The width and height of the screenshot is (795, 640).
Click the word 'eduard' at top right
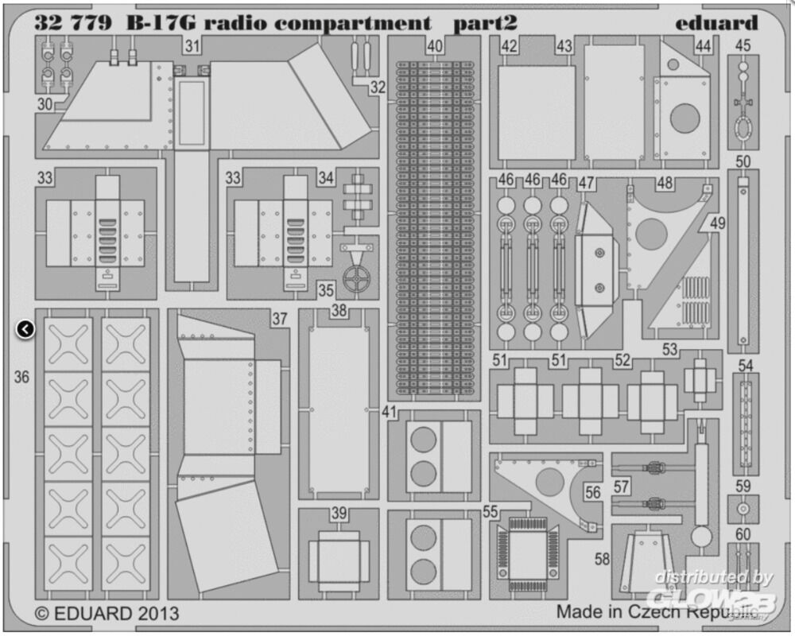coord(716,22)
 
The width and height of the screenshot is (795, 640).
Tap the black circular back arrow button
coord(25,328)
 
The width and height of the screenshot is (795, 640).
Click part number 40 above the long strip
coord(434,47)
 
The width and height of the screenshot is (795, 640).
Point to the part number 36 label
coord(21,377)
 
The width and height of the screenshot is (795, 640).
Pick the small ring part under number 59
coord(743,509)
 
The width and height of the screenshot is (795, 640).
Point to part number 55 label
coord(491,513)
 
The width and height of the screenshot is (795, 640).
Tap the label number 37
coord(278,319)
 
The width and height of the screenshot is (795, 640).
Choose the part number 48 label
coord(665,184)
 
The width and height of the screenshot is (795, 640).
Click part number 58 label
coord(602,559)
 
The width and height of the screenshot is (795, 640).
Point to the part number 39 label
coord(339,514)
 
